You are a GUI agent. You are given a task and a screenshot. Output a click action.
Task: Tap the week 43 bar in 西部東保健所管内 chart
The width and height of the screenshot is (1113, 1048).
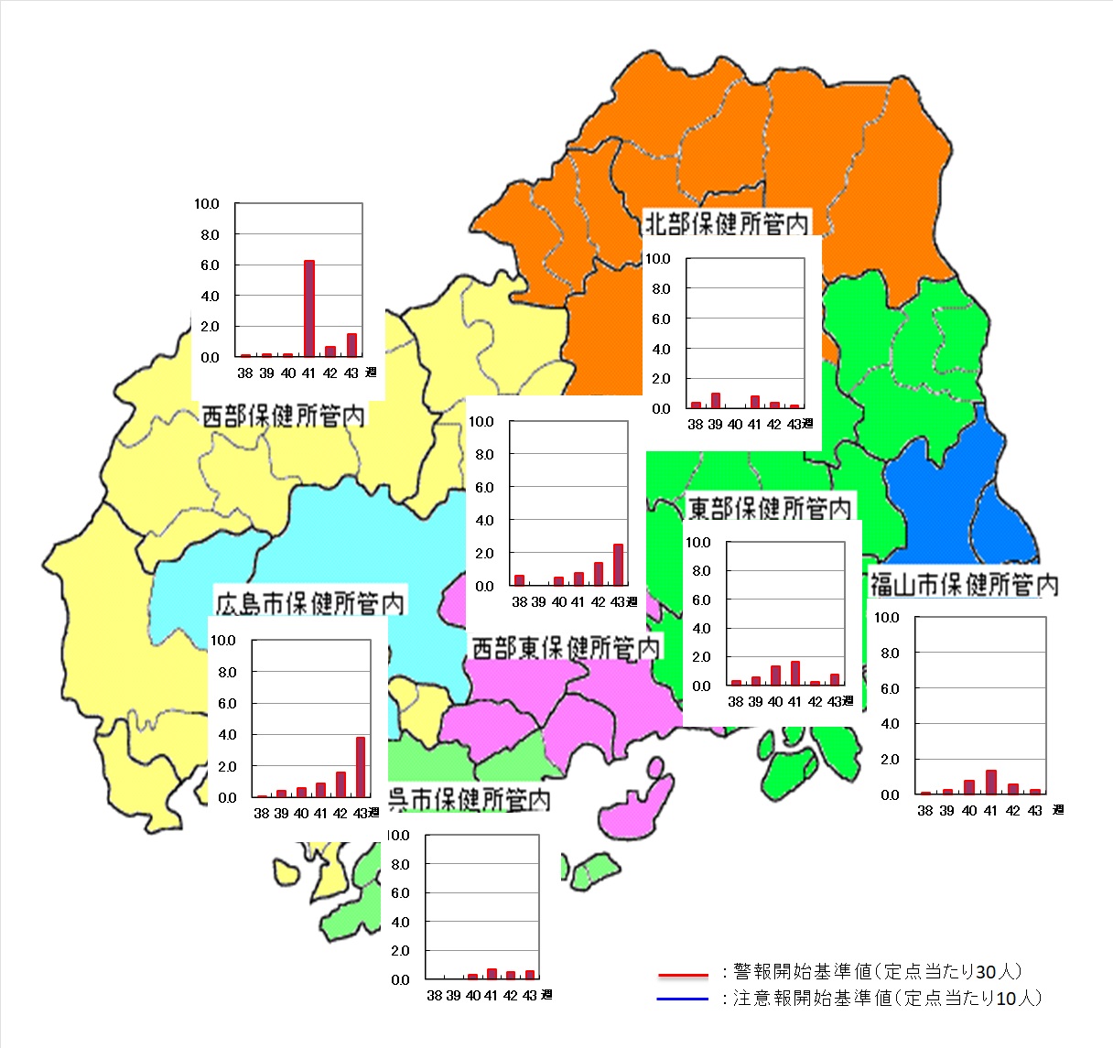[619, 565]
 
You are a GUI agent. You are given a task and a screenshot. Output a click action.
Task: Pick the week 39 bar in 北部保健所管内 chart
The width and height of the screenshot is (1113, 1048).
[716, 400]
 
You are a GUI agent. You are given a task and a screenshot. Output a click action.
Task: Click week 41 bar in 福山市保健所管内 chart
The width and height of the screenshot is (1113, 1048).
[991, 782]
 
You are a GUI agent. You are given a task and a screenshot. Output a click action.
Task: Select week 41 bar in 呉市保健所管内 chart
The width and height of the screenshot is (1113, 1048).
[492, 974]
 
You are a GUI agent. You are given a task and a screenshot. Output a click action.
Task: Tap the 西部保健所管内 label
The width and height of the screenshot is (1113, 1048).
[283, 416]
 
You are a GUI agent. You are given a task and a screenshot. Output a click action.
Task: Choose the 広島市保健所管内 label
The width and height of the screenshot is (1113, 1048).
[309, 603]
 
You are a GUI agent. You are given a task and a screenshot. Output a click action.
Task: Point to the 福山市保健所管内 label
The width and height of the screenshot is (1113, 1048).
[964, 584]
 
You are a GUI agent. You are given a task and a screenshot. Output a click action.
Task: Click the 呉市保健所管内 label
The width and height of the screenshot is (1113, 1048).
[470, 800]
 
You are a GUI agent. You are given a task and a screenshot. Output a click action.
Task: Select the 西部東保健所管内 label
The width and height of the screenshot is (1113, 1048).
[565, 648]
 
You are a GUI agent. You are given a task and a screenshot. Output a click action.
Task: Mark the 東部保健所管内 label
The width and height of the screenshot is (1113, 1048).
[769, 508]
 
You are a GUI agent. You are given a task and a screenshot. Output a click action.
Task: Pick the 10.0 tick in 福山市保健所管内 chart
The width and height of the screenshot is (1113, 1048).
[887, 618]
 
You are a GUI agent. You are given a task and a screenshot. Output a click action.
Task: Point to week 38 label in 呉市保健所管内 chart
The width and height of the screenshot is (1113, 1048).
[434, 996]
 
